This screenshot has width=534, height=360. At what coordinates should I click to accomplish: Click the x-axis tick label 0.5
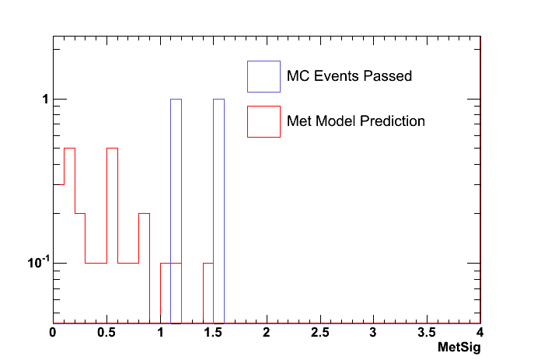coord(106,333)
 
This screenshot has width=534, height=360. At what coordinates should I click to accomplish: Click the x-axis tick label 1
coord(160,333)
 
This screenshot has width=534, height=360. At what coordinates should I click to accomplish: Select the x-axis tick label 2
coord(267,333)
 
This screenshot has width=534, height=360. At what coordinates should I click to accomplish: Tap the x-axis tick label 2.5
coord(319,333)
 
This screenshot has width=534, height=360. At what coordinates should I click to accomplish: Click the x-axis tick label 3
coord(373,333)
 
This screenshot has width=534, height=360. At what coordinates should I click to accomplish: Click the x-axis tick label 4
coord(480,333)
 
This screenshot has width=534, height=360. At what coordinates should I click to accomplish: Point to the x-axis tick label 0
coord(53,333)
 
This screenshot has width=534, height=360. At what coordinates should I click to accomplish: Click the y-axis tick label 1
coord(45,100)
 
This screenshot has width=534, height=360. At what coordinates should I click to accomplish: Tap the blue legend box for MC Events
coord(264,76)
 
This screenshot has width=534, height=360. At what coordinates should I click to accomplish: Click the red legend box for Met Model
coord(264,121)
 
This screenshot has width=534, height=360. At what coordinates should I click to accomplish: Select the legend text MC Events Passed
coord(349,76)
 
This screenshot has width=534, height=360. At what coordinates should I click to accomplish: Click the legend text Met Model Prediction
coord(356,121)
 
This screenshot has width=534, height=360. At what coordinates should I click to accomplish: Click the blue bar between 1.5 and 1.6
coord(218,210)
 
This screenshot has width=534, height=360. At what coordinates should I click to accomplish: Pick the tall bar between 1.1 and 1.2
coord(176,210)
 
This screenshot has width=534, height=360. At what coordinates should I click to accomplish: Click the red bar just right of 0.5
coord(112,233)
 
